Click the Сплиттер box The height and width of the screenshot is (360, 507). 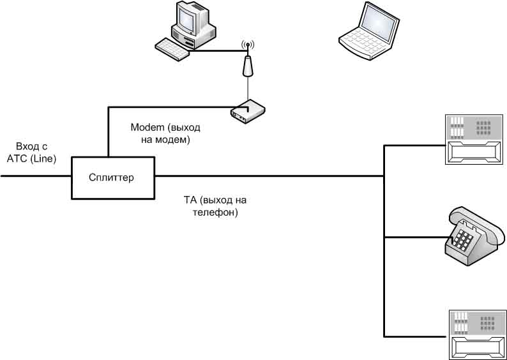point(112,177)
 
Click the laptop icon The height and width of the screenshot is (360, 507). point(370,31)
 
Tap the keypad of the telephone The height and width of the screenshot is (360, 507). point(464,240)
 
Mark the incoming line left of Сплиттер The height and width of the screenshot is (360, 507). point(35,177)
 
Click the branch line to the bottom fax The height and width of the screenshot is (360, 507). point(415,335)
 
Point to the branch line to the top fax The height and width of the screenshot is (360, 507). point(415,146)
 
